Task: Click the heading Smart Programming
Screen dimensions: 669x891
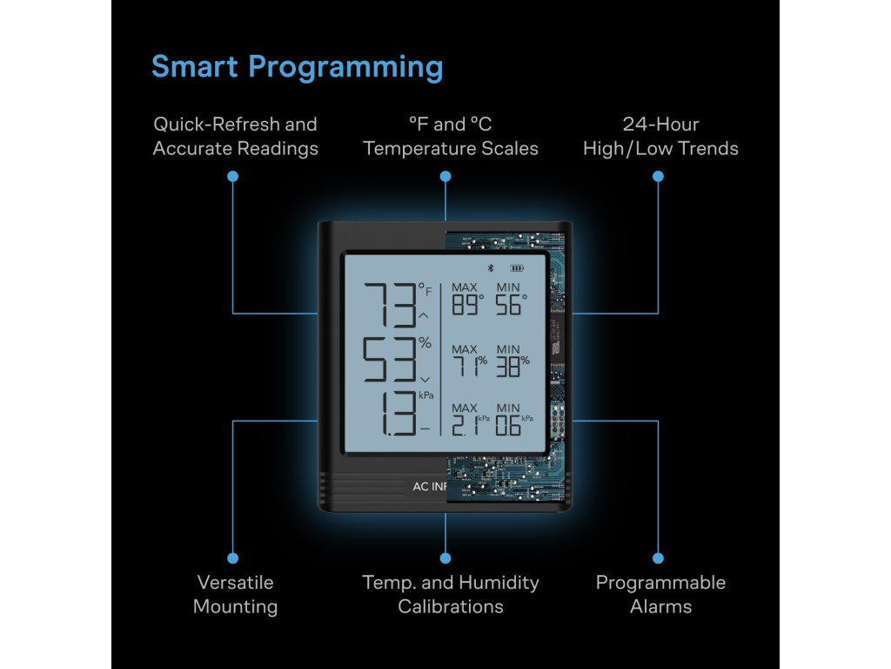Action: [297, 67]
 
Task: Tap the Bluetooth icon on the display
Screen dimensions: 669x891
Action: [489, 269]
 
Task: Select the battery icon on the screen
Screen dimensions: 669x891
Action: [519, 269]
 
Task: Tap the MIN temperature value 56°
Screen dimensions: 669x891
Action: [511, 305]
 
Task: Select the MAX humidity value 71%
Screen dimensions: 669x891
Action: [468, 367]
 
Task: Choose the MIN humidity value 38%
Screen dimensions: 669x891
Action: [512, 367]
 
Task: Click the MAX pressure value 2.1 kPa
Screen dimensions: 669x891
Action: [468, 425]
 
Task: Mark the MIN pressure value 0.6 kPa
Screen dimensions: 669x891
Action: [512, 425]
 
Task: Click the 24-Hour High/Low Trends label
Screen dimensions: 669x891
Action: [660, 137]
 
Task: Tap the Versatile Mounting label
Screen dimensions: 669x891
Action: [235, 594]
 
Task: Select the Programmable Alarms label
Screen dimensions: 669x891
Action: [660, 594]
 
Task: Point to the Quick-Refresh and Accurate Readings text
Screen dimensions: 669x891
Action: [235, 137]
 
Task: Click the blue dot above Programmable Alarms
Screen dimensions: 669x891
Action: [658, 557]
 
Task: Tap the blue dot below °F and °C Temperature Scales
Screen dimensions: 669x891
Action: [445, 176]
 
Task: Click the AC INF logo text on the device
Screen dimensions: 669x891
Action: [429, 487]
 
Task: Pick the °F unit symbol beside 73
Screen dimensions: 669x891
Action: [425, 288]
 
